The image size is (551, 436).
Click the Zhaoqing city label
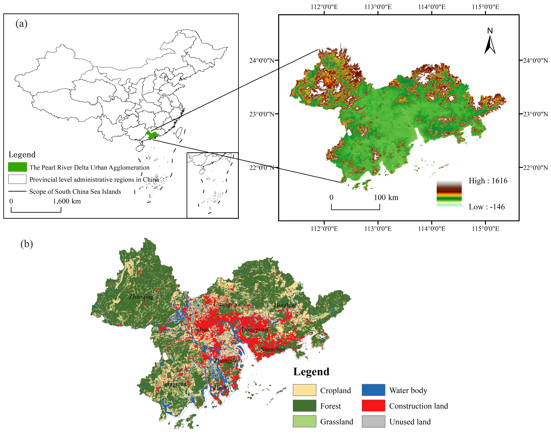coord(141,297)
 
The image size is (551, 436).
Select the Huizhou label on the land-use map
coord(285,305)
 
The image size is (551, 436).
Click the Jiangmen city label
coord(174,384)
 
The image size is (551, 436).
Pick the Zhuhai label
coord(222,388)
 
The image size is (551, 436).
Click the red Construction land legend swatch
coord(373,406)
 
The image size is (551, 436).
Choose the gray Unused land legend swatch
coord(373,421)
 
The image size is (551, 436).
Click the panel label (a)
coord(21,24)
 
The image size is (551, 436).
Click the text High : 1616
coord(488,181)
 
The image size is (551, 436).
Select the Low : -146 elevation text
coord(486,207)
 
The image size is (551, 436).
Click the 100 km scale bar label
coord(386,197)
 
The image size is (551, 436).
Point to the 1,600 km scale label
coord(67,201)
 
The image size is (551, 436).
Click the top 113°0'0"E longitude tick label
coord(378,7)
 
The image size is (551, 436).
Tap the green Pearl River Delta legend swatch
coord(17,167)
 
